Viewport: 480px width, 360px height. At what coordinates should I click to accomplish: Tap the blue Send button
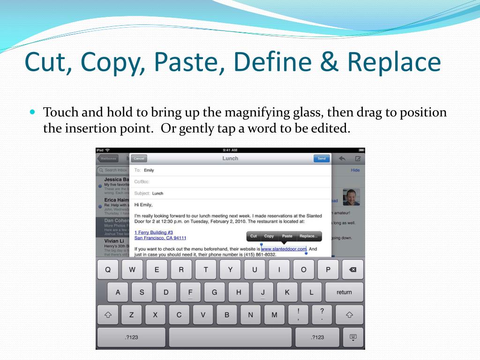321,158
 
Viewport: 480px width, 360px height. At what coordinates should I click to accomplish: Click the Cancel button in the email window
139,158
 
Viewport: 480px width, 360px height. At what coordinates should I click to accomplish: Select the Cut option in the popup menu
254,236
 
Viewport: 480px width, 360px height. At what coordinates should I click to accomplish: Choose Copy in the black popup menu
269,236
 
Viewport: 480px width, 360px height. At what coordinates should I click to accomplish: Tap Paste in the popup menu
287,236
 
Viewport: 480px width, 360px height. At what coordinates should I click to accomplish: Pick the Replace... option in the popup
308,236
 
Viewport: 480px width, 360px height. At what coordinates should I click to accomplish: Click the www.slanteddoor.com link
284,249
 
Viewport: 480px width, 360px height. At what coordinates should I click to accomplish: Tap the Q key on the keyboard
108,270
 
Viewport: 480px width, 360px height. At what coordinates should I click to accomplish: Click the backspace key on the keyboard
352,270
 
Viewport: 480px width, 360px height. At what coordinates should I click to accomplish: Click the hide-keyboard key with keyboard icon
353,337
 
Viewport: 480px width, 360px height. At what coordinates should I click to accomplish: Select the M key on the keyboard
274,315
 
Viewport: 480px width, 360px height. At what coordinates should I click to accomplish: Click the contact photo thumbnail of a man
351,197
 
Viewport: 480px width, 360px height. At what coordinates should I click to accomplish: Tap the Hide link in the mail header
355,170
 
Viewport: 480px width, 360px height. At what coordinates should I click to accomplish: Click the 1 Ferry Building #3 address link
154,232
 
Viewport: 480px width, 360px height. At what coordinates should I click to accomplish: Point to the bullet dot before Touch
32,112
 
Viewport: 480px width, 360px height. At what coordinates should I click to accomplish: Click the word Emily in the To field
149,170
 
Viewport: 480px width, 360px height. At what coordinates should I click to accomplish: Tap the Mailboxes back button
107,158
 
